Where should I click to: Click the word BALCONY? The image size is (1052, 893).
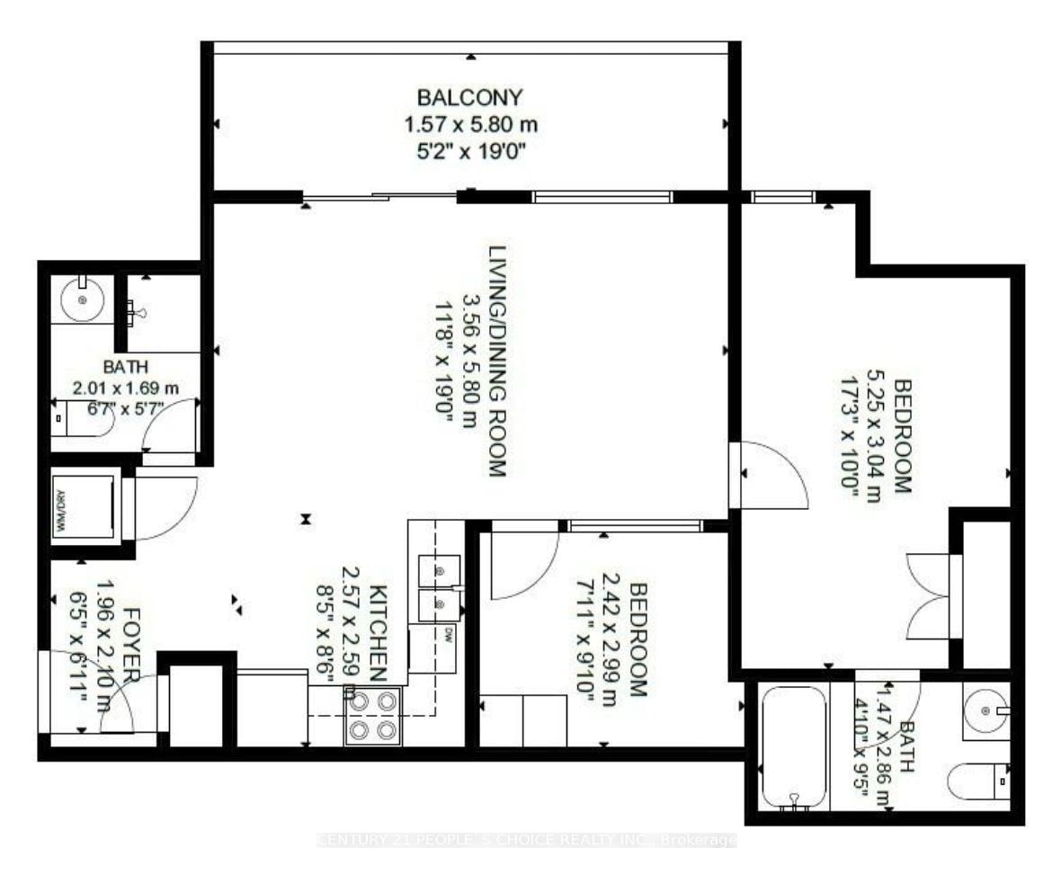[x=469, y=96]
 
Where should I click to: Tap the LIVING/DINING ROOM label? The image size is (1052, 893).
[x=497, y=360]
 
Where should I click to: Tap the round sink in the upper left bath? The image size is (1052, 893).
[x=83, y=299]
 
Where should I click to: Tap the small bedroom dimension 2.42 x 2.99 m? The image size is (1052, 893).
[x=611, y=638]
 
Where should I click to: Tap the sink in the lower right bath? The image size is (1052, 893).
[x=986, y=710]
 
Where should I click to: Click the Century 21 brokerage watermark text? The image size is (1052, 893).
[x=527, y=841]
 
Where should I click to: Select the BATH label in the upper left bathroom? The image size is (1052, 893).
[x=125, y=367]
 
